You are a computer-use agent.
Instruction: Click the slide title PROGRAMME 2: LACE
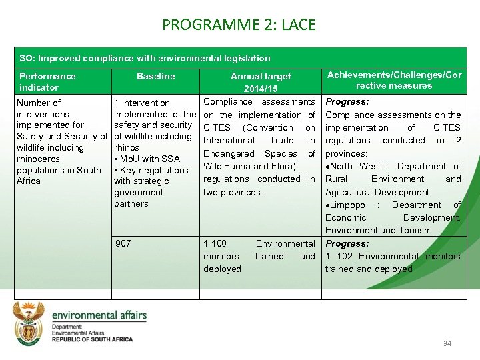[239, 26]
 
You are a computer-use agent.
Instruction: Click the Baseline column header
[155, 77]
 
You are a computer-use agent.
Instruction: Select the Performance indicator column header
[47, 82]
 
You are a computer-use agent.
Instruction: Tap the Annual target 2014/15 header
[261, 83]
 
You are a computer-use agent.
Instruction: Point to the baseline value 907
[123, 243]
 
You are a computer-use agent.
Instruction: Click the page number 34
[447, 343]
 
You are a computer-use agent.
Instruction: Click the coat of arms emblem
[30, 323]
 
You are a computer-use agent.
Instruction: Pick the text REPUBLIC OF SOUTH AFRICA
[92, 339]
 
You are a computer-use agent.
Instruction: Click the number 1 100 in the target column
[215, 244]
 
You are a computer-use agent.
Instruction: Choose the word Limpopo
[348, 205]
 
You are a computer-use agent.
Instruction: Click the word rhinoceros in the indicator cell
[38, 159]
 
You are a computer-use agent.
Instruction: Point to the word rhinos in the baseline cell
[127, 147]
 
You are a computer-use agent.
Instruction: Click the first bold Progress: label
[347, 102]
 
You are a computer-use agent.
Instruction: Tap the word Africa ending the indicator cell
[29, 181]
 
